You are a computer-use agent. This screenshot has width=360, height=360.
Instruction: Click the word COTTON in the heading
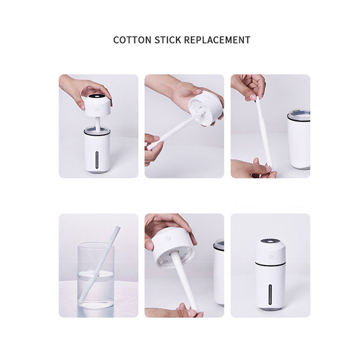point(132,40)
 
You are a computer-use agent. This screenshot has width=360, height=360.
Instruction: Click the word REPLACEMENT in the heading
point(217,40)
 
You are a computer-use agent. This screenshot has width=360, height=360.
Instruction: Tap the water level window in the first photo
point(97,160)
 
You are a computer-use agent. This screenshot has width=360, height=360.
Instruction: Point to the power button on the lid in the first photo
point(97,109)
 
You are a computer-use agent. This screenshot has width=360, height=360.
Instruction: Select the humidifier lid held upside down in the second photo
point(206,108)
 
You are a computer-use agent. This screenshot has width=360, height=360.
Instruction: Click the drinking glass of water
point(96,275)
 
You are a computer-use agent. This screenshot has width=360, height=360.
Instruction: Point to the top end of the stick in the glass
point(117,228)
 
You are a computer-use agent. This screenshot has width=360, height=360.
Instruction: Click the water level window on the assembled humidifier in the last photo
point(270,294)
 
